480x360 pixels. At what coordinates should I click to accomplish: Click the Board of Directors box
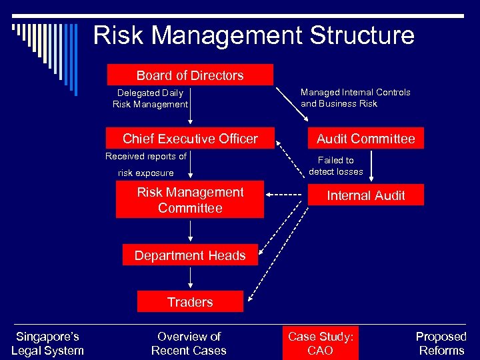point(190,75)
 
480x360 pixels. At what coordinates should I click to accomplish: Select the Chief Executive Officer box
point(190,139)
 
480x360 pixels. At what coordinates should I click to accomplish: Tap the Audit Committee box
point(365,139)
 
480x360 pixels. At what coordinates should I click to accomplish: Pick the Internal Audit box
point(365,195)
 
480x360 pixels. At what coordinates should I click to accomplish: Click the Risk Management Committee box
point(190,200)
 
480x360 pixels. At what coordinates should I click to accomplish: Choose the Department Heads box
point(190,255)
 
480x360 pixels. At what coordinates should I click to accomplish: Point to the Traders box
point(190,302)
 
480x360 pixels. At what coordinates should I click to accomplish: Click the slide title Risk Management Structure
point(253,35)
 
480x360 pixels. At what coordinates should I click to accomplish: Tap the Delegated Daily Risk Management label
point(150,99)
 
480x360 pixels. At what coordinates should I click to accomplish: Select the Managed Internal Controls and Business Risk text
point(355,98)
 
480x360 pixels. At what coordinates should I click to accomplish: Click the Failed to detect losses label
point(336,166)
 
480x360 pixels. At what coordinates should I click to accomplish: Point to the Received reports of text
point(146,157)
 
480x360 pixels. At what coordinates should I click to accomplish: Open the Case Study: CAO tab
point(320,343)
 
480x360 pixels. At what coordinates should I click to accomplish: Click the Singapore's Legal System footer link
point(47,343)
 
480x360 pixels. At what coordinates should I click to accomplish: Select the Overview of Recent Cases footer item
point(189,343)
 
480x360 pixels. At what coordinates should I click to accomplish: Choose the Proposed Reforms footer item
point(441,343)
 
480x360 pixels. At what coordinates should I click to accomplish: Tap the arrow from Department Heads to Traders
point(190,278)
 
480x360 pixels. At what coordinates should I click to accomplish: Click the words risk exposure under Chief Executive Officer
point(146,173)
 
